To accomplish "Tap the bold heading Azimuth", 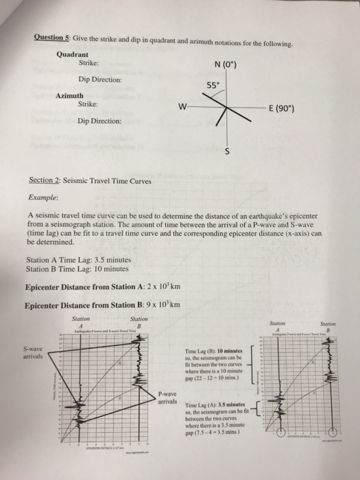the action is (70, 95).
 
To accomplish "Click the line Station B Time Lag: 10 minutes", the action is (73, 269).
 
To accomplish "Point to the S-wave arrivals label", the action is (34, 352).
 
